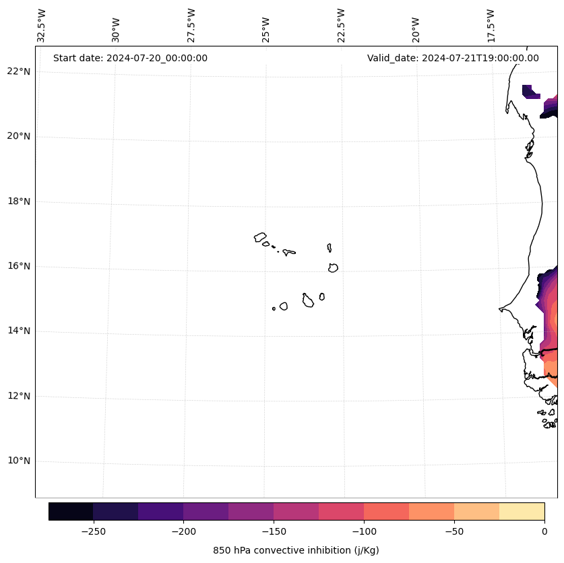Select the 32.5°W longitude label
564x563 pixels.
[42, 25]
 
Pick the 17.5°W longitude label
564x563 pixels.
[490, 25]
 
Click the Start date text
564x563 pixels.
[130, 58]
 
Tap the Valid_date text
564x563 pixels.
[453, 58]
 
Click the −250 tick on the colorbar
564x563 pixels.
[93, 531]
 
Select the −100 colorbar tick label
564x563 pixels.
[364, 531]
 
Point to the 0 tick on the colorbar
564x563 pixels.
[544, 531]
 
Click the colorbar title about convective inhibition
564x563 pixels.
[296, 550]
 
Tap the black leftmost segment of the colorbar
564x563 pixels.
[71, 511]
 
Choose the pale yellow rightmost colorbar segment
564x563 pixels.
[522, 511]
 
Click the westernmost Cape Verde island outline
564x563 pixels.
[260, 237]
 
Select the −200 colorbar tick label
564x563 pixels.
[183, 531]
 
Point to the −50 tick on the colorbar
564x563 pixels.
[454, 531]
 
